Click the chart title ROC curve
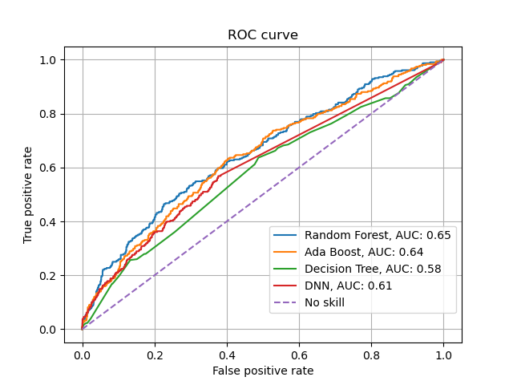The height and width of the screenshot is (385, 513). [x=263, y=35]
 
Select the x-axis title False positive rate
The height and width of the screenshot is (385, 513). [x=263, y=371]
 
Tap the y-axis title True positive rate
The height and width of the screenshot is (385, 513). [x=28, y=195]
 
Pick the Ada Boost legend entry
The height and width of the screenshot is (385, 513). [x=373, y=252]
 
